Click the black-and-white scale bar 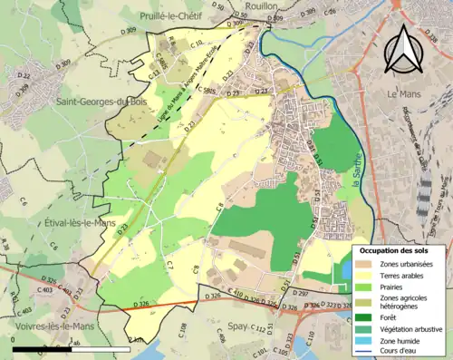click(x=54, y=349)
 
